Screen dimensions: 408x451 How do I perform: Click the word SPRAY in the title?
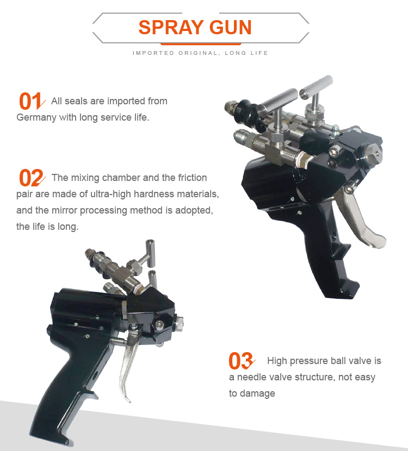point(171,28)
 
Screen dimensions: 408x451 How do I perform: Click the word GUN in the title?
point(231,28)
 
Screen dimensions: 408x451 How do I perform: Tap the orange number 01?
point(30,101)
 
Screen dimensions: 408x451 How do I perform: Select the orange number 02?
point(31,178)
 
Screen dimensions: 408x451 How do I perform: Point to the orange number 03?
point(240,361)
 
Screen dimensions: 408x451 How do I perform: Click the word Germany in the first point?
point(36,117)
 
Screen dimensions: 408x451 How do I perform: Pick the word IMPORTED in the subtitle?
point(153,53)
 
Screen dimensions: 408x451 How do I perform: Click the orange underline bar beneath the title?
point(201,44)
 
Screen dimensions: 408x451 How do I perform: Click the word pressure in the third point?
point(309,361)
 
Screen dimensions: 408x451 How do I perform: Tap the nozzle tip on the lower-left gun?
point(178,322)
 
